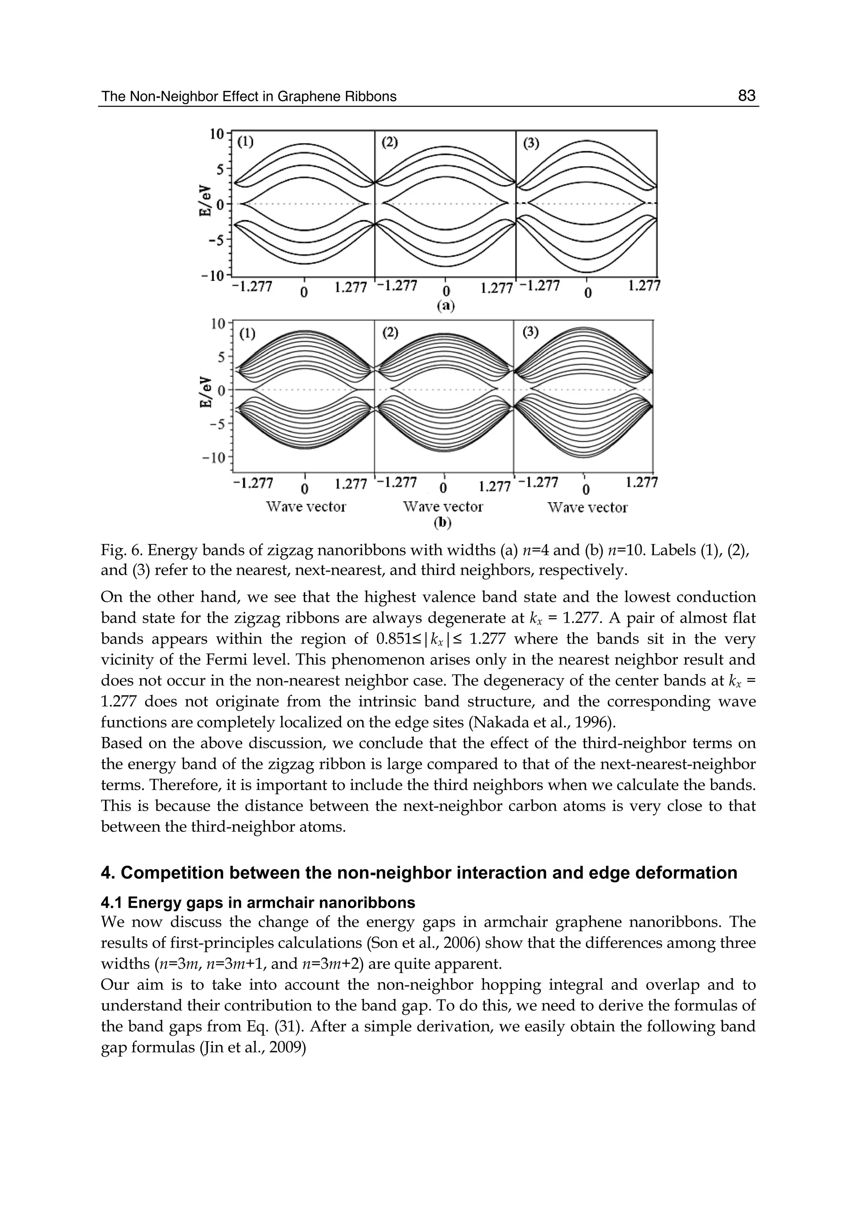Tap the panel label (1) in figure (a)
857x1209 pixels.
[245, 141]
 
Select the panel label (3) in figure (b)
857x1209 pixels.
[531, 332]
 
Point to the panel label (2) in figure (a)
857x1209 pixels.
[390, 142]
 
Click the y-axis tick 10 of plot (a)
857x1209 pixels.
[217, 134]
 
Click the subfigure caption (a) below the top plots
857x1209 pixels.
[445, 306]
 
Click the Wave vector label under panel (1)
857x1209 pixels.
[306, 507]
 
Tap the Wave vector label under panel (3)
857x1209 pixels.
[588, 508]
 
